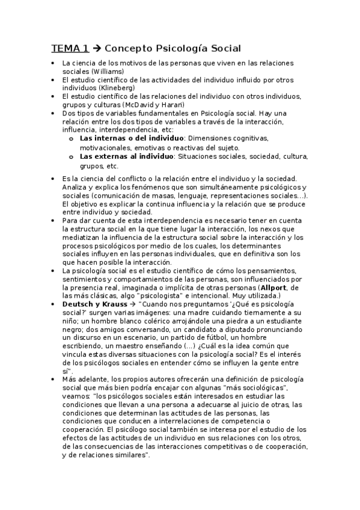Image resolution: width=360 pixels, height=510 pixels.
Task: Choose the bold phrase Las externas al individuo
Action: [126, 156]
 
